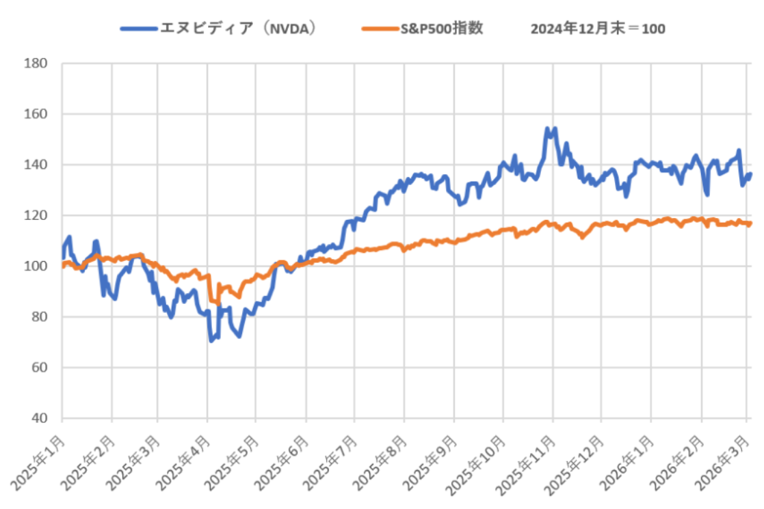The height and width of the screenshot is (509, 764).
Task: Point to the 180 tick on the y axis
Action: pos(38,64)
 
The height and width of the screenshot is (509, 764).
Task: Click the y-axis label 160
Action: pos(38,114)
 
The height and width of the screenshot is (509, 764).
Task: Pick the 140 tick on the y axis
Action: pos(38,165)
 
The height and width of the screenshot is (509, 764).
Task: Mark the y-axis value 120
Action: pos(38,215)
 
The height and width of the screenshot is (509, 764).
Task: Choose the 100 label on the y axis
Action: pos(38,266)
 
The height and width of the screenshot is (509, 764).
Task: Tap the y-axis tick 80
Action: pos(41,316)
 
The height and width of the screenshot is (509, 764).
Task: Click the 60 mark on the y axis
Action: pos(41,368)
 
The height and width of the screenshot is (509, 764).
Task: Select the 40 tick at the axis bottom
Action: pos(41,418)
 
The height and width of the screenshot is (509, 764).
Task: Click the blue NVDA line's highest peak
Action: pos(547,128)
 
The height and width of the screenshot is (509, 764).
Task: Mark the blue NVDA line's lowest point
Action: pos(211,340)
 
